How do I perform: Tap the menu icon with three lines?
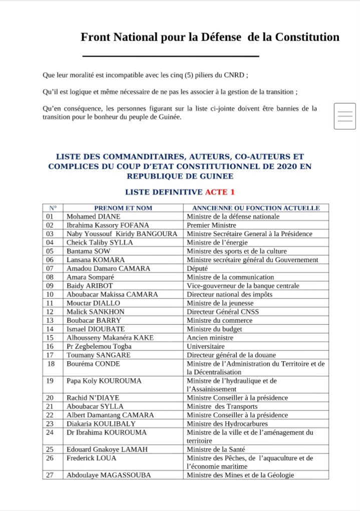[345, 116]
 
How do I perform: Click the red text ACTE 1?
[219, 192]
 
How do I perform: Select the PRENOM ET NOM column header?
[123, 208]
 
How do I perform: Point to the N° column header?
[53, 208]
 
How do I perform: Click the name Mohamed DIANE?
[94, 217]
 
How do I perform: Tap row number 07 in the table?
[50, 269]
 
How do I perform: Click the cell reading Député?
[197, 269]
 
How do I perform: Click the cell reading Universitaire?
[206, 346]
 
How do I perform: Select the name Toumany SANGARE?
[99, 355]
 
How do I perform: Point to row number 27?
[50, 475]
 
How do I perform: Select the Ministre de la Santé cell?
[216, 449]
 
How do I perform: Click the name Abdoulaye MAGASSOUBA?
[109, 475]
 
